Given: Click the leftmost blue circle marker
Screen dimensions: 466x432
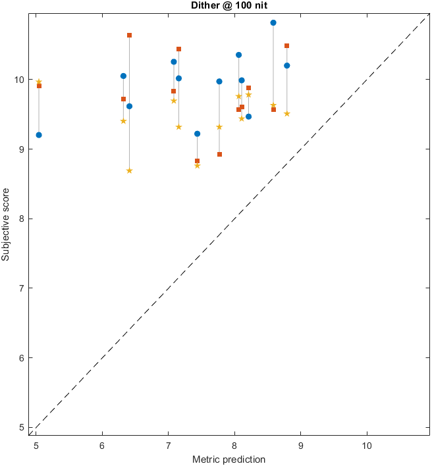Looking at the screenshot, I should pos(39,135).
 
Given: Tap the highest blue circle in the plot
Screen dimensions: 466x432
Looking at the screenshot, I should pos(273,22).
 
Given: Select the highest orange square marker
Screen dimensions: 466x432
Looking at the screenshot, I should pos(129,35).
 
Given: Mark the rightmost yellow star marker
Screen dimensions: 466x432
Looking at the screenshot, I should pos(287,114).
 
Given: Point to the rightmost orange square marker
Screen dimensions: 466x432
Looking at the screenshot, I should pos(287,45).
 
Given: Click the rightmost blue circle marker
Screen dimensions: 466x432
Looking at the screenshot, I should pos(287,65).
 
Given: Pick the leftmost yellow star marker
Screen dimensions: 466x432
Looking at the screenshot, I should pos(39,82).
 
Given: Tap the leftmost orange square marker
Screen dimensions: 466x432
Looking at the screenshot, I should pos(39,86).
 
